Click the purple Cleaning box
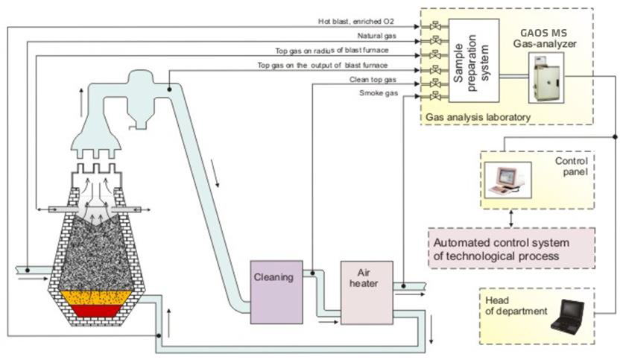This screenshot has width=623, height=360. click(x=276, y=291)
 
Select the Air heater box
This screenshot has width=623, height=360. click(x=366, y=292)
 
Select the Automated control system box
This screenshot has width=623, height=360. click(x=511, y=249)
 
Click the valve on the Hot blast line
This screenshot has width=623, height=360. click(x=430, y=26)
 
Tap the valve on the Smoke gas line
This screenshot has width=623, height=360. click(x=430, y=98)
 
